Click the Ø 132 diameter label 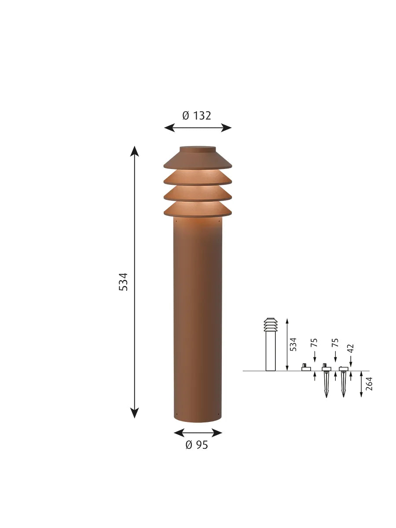196,116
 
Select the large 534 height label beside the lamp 123,282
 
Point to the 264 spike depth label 369,384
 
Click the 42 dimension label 351,348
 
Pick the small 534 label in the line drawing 293,344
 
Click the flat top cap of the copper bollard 198,149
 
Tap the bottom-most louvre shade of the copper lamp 198,209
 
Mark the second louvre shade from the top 198,177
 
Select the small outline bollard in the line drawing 271,345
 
